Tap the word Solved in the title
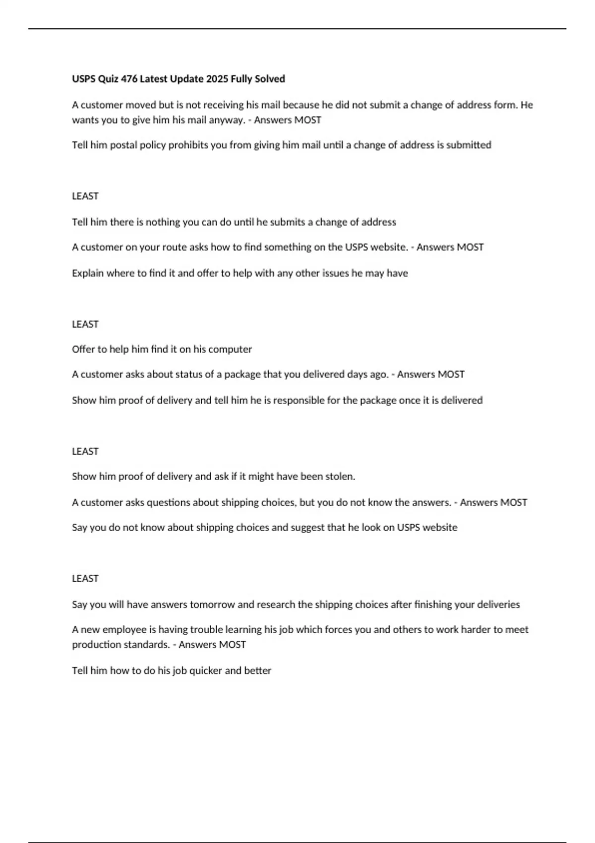click(270, 79)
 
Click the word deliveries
click(498, 604)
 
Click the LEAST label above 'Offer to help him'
click(85, 324)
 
